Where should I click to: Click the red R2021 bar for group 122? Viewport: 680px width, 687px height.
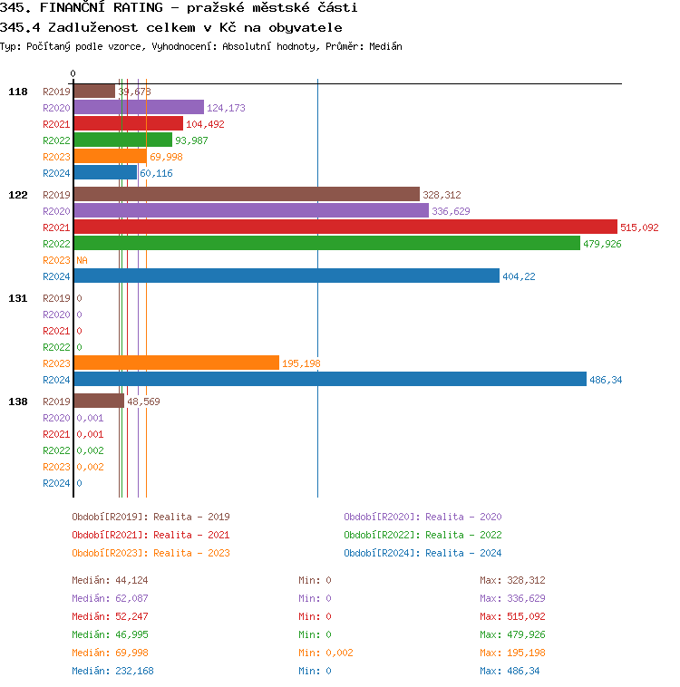(345, 227)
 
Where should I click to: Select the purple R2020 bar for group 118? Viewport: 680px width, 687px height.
(138, 108)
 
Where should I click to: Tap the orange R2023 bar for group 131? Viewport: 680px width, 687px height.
(176, 363)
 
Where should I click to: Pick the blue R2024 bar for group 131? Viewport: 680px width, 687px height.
(329, 380)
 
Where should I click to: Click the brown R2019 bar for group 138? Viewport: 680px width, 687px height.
(98, 402)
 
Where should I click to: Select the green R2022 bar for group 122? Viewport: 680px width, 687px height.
(326, 244)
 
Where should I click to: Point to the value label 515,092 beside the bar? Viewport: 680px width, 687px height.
(639, 227)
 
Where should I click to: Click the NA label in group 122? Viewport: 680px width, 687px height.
(82, 260)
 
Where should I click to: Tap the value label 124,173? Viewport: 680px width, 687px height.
(226, 108)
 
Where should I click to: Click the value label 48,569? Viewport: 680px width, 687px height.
(144, 402)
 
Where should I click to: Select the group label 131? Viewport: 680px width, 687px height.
(18, 298)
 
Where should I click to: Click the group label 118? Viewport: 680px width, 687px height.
(18, 92)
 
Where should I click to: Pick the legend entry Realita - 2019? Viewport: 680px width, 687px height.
(151, 517)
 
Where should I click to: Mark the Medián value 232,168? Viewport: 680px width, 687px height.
(134, 671)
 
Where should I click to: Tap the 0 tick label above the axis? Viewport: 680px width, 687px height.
(73, 74)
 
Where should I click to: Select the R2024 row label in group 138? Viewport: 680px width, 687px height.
(56, 483)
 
